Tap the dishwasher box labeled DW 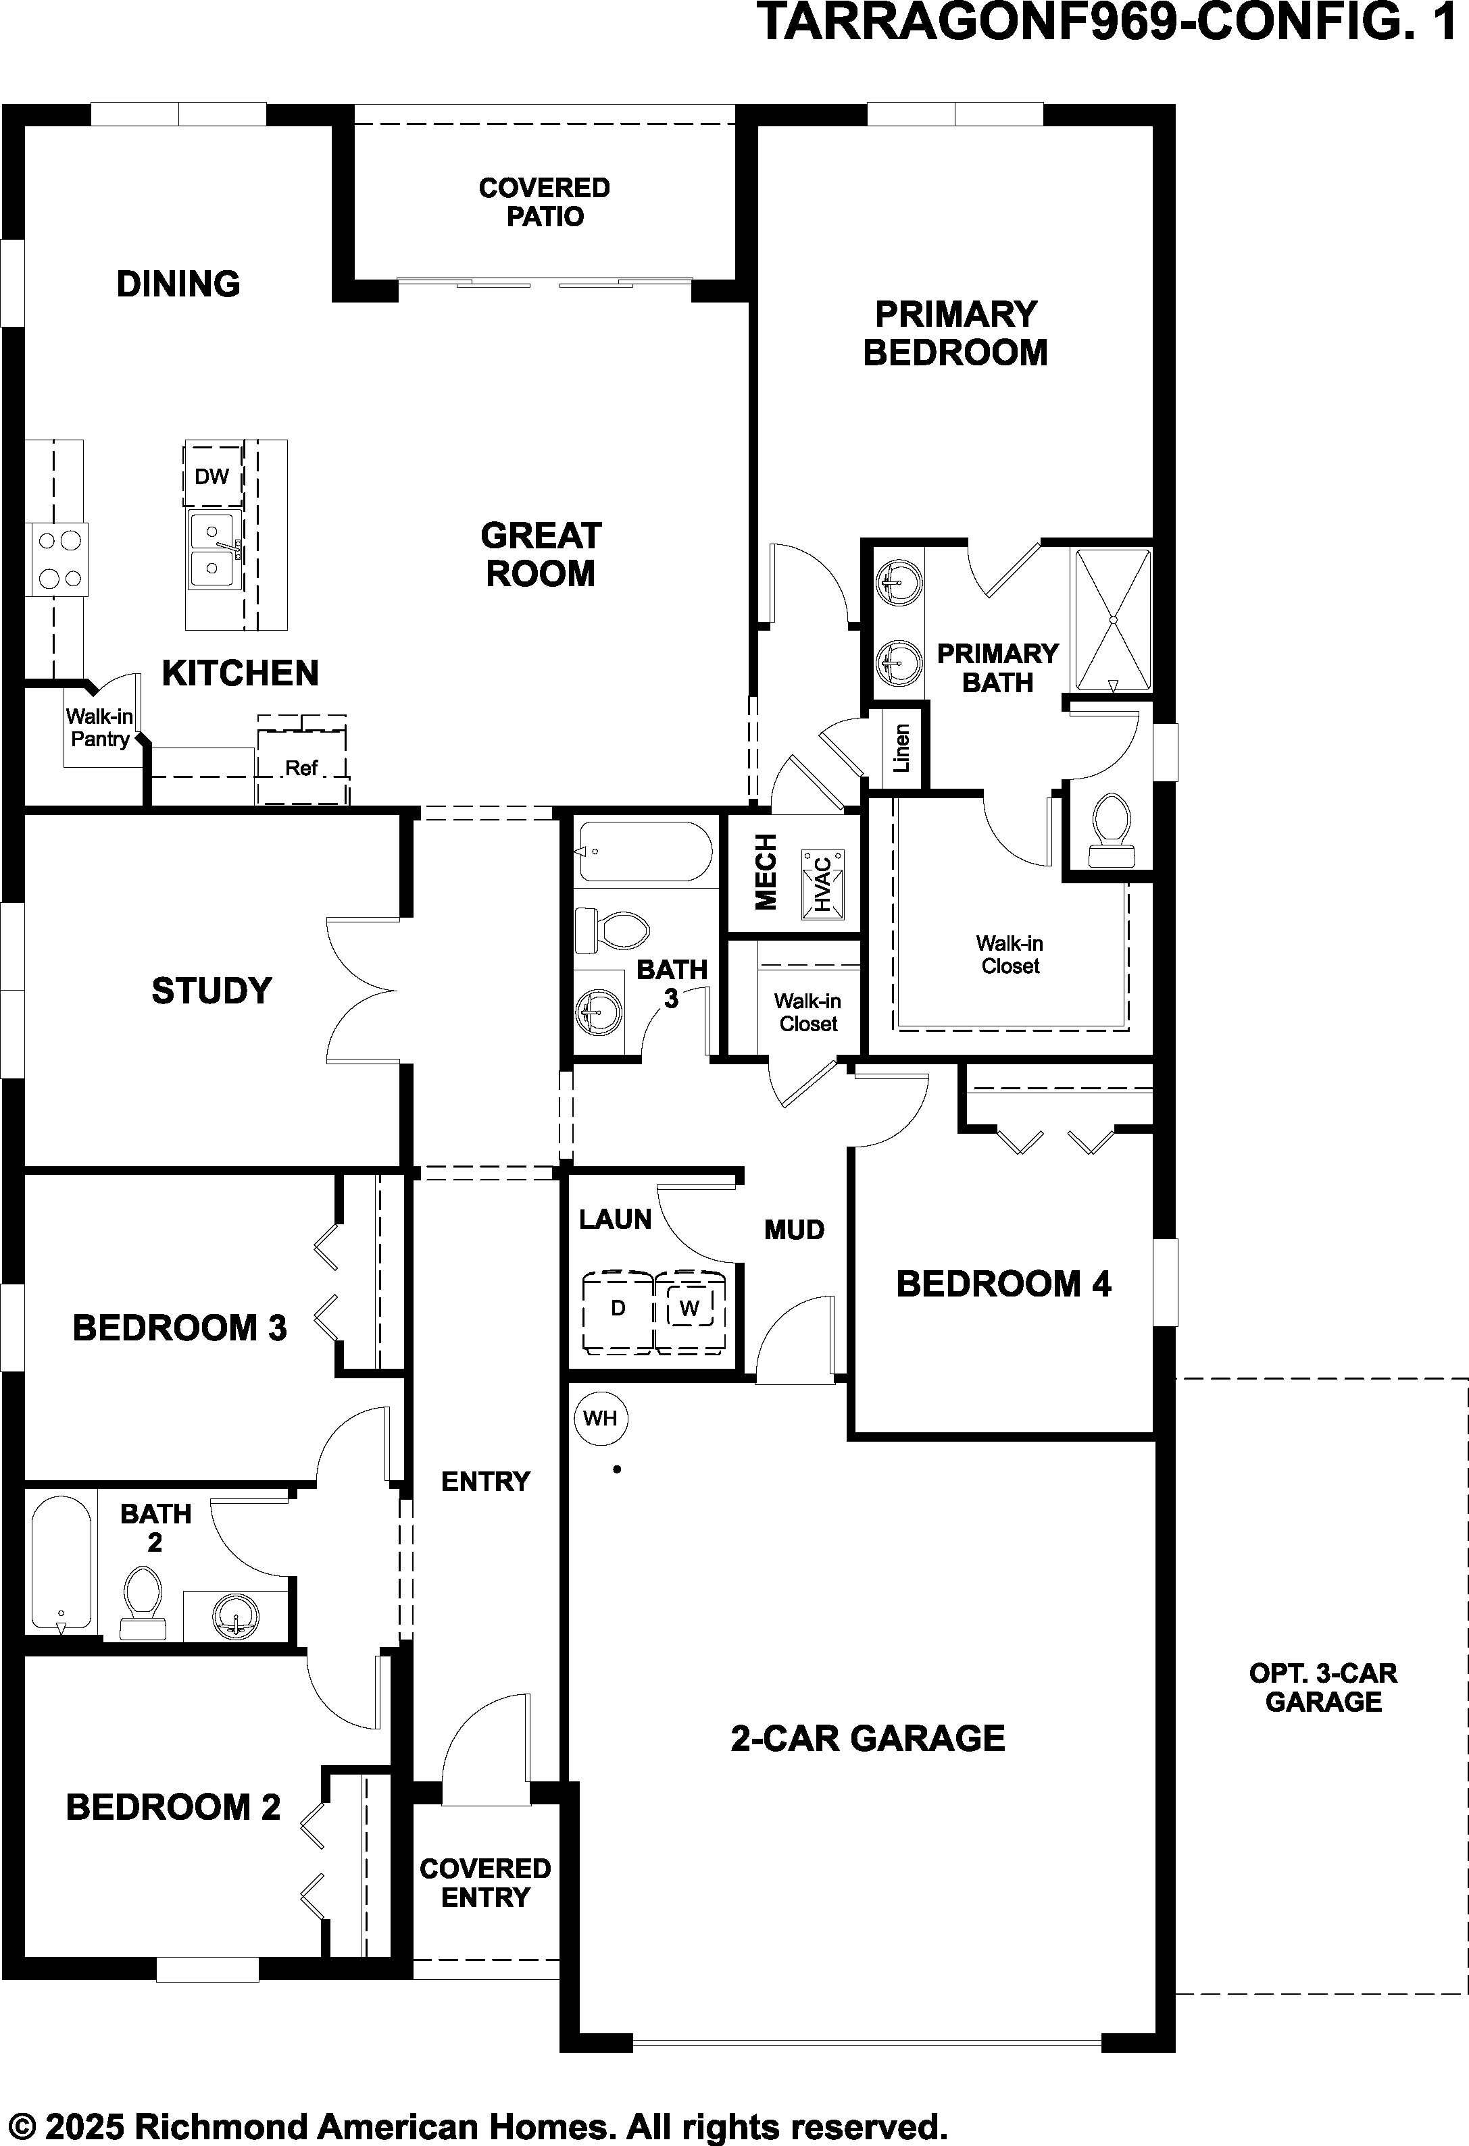coord(212,475)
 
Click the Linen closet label coord(901,747)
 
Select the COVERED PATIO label coord(544,202)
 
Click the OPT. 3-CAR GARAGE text coord(1323,1687)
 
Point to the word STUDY coord(211,991)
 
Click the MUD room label coord(795,1230)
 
